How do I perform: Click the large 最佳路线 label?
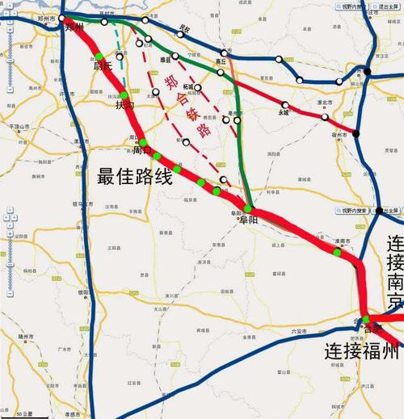tap(135, 177)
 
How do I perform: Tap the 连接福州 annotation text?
tap(362, 351)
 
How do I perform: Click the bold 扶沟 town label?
tap(125, 105)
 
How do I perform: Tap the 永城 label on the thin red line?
tap(284, 112)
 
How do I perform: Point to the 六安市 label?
tap(299, 331)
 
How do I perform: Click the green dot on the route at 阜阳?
tap(247, 209)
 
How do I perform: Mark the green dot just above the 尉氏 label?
tap(99, 56)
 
